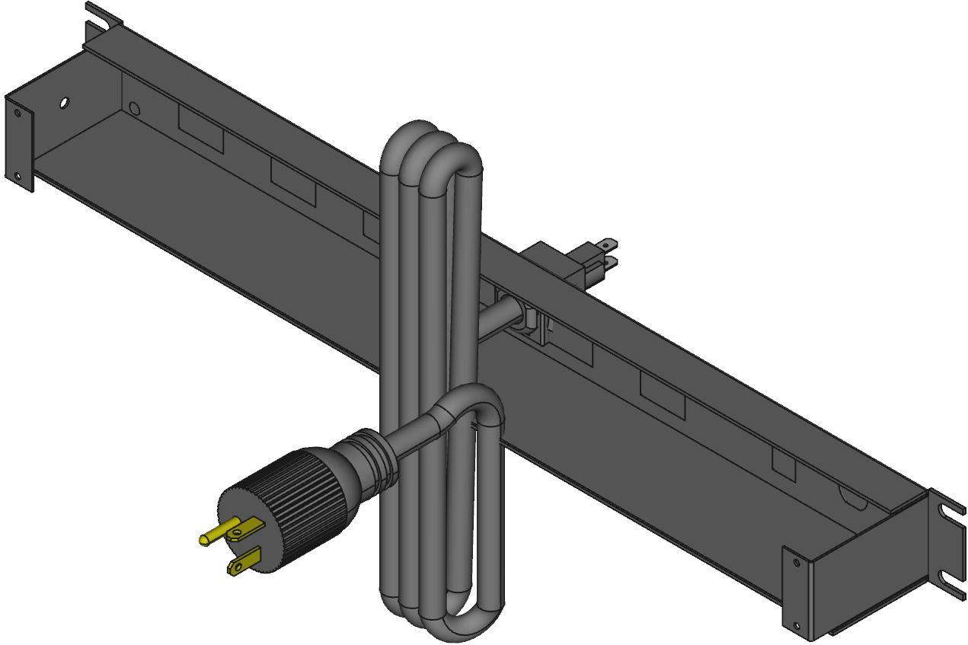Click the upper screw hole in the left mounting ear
point(18,113)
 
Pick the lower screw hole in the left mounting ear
point(18,177)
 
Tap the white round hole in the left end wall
point(64,102)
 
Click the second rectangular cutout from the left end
point(292,184)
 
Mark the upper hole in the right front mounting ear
point(797,563)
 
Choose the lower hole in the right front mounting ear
point(797,626)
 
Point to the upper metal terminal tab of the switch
point(607,245)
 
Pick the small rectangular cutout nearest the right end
point(784,462)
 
